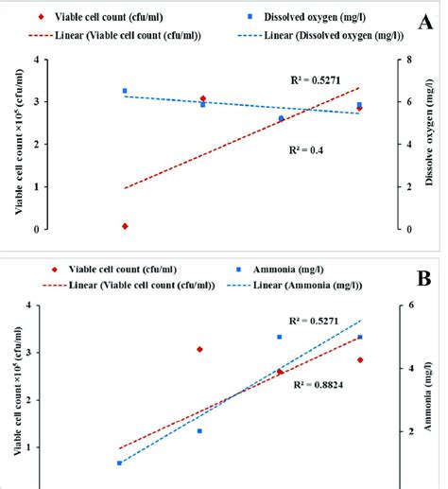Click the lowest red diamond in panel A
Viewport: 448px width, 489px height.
pyautogui.click(x=125, y=226)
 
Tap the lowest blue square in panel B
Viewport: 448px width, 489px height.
pyautogui.click(x=119, y=463)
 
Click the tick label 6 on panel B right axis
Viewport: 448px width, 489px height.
pyautogui.click(x=412, y=305)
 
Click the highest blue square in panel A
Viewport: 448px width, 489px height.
pyautogui.click(x=125, y=91)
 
